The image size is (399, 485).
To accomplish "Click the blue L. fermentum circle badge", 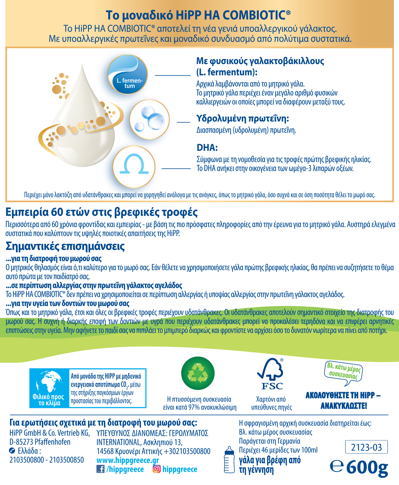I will pyautogui.click(x=128, y=74).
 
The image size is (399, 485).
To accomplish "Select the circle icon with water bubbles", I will pyautogui.click(x=149, y=119).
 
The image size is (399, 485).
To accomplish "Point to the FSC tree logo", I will pyautogui.click(x=271, y=374).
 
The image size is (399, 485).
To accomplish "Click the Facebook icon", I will pyautogui.click(x=100, y=469).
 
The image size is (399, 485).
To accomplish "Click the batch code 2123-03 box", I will pyautogui.click(x=366, y=447).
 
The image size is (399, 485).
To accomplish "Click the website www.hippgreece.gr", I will pyautogui.click(x=128, y=460).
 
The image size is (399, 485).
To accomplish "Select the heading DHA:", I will pyautogui.click(x=207, y=148).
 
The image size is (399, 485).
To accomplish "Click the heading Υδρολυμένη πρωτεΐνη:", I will pyautogui.click(x=242, y=118).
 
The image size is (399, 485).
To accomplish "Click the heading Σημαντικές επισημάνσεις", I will pyautogui.click(x=65, y=246).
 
